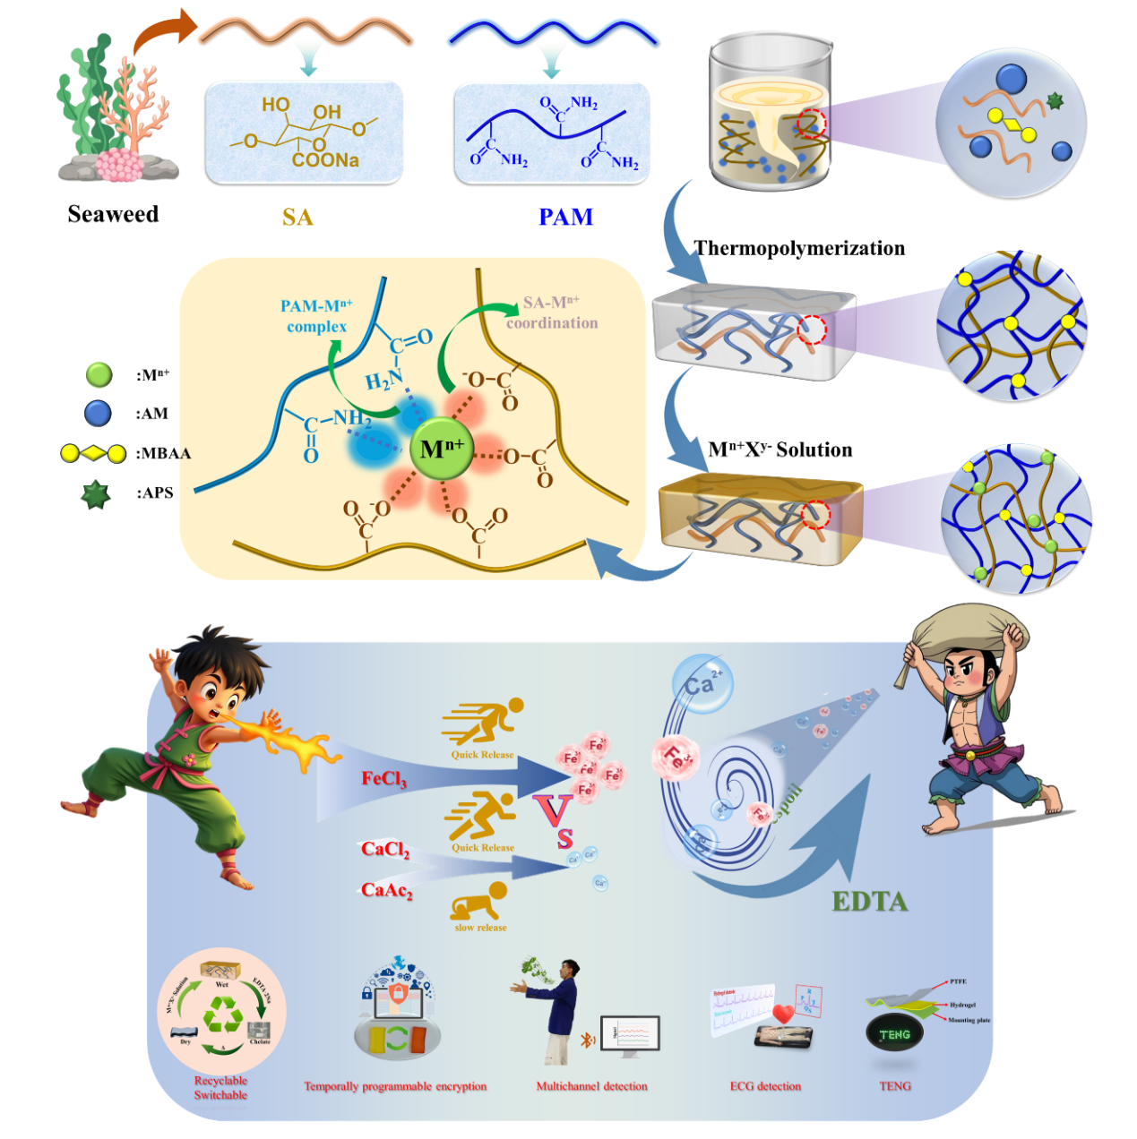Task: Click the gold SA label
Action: tap(297, 218)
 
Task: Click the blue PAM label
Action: tap(565, 217)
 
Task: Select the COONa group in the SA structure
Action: tap(325, 160)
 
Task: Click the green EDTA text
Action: tap(869, 901)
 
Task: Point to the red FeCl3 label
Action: tap(383, 779)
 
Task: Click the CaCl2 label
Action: tap(385, 849)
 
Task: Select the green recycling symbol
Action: tap(221, 1015)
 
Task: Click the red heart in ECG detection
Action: tap(784, 1015)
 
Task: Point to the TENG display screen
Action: tap(894, 1034)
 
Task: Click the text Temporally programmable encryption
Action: tap(395, 1086)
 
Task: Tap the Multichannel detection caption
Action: tap(591, 1086)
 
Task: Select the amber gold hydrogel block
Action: tap(760, 523)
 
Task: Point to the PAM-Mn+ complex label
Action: tap(316, 316)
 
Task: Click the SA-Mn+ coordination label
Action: tap(552, 313)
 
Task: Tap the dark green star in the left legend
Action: tap(95, 494)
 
